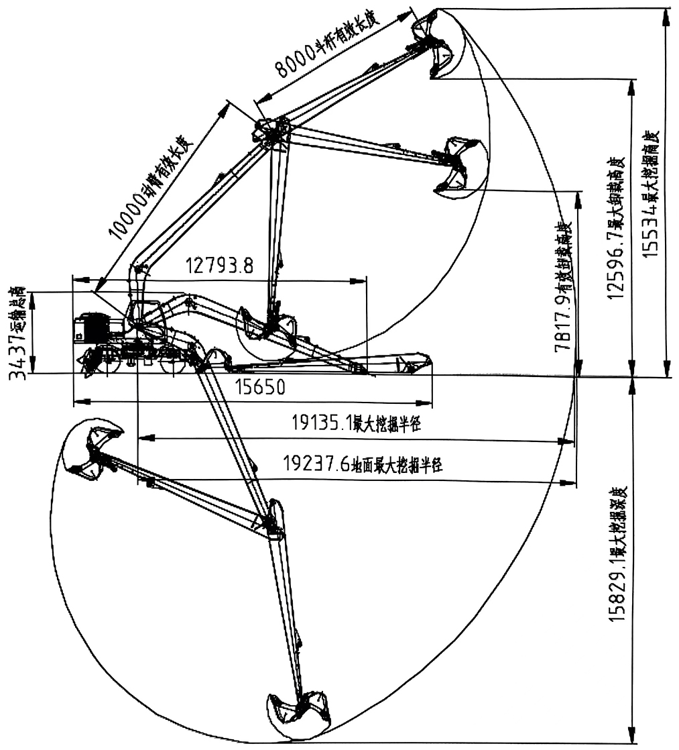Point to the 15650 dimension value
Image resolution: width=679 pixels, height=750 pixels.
259,387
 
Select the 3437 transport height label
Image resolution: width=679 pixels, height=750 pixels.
18,333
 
